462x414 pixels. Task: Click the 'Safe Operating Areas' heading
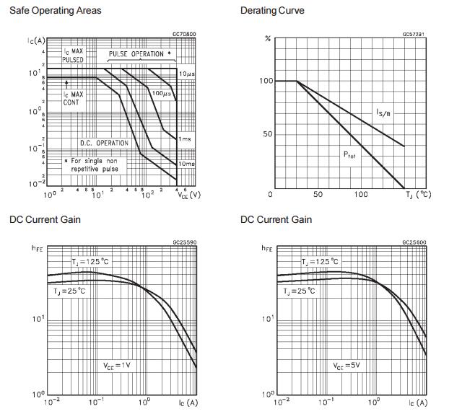[x=55, y=11]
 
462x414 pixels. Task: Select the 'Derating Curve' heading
[x=272, y=11]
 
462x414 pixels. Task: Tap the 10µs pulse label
[x=186, y=74]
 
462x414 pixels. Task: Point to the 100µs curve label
[x=160, y=93]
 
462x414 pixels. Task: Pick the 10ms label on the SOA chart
[x=186, y=164]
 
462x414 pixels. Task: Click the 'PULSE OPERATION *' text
[x=140, y=54]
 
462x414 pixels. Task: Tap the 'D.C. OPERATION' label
[x=104, y=143]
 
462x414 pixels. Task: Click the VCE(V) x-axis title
[x=189, y=195]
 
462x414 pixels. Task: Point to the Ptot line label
[x=349, y=154]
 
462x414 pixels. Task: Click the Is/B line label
[x=383, y=113]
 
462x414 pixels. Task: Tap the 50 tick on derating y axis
[x=267, y=135]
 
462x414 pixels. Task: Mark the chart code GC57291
[x=414, y=33]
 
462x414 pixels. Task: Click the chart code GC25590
[x=184, y=243]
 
